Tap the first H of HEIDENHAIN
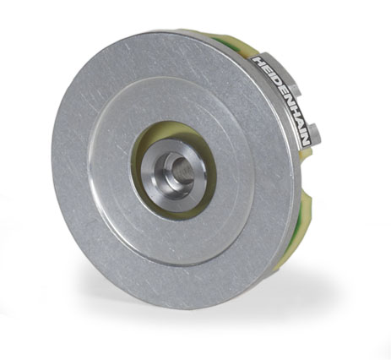pos(258,63)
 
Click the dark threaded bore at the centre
pos(183,170)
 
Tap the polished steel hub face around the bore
pos(173,175)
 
